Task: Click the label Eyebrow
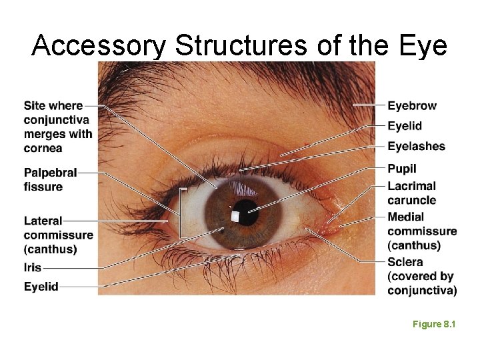412,105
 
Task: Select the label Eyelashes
416,146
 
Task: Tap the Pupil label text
401,169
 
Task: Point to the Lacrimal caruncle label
411,193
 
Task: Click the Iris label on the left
33,267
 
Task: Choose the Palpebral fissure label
50,180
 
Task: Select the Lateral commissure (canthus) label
58,235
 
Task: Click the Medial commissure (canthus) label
422,231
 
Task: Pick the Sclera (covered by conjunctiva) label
422,276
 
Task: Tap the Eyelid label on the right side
405,126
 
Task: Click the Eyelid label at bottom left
41,286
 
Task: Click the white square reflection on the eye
235,216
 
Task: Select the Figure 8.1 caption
433,324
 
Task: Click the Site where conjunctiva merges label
58,127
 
